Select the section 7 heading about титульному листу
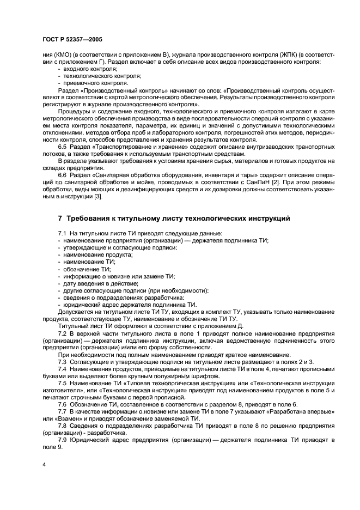pyautogui.click(x=174, y=218)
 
